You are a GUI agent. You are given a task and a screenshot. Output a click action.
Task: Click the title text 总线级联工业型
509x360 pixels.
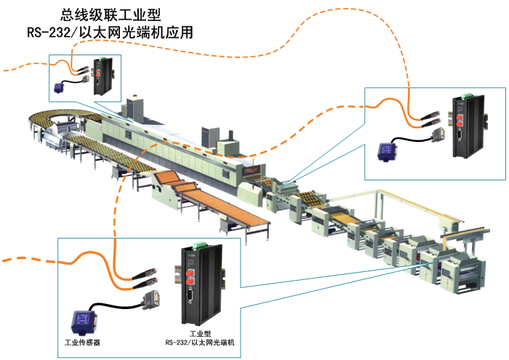[110, 15]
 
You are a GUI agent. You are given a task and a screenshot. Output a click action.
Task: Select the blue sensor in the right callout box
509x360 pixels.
[387, 151]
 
